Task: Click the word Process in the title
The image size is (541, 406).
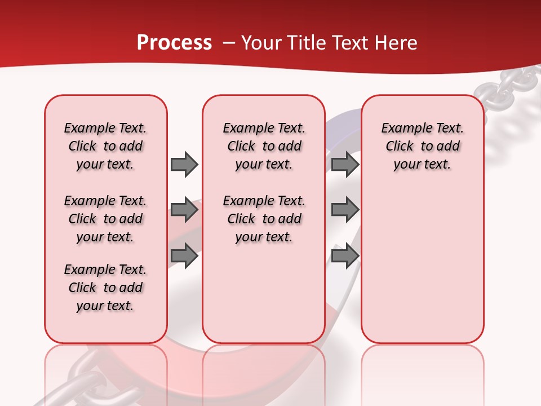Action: [174, 43]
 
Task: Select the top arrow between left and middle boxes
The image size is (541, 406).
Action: [184, 165]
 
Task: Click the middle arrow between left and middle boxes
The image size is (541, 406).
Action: [184, 210]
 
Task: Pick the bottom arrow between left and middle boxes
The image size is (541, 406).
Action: [184, 256]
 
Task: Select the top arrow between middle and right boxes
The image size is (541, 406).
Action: [345, 165]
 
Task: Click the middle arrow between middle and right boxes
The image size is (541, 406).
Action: [345, 210]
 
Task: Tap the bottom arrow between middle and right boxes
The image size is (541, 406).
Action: [345, 256]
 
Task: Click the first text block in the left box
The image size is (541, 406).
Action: [105, 146]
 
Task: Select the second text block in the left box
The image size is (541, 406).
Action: [105, 219]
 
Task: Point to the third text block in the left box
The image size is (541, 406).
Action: [105, 288]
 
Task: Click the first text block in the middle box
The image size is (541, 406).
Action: [264, 146]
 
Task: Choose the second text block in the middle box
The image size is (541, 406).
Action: [264, 219]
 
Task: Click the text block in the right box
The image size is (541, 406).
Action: [422, 146]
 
